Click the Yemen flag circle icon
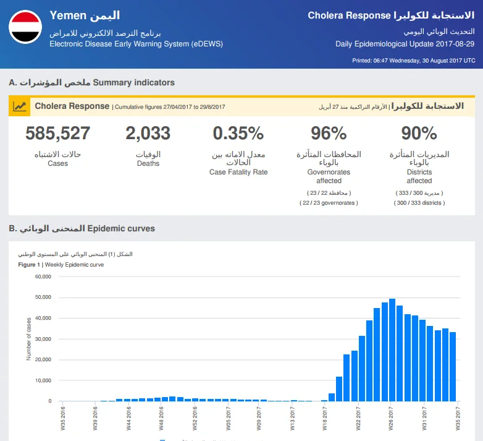coord(25,27)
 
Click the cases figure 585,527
coord(57,133)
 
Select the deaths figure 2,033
coord(148,133)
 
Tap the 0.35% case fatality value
coord(238,133)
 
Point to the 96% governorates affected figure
coord(329,133)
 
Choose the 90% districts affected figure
coord(419,133)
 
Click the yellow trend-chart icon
coord(19,107)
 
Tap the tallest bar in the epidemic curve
coord(392,350)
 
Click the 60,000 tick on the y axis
coord(43,276)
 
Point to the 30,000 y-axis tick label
coord(43,339)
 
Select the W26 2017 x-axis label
coord(390,419)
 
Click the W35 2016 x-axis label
coord(63,419)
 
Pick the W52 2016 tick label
coord(195,419)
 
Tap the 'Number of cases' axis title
coord(28,339)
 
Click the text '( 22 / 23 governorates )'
coord(329,203)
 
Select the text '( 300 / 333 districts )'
coord(419,203)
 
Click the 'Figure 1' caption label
coord(29,265)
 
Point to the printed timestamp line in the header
coord(413,61)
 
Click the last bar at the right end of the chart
coord(453,367)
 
